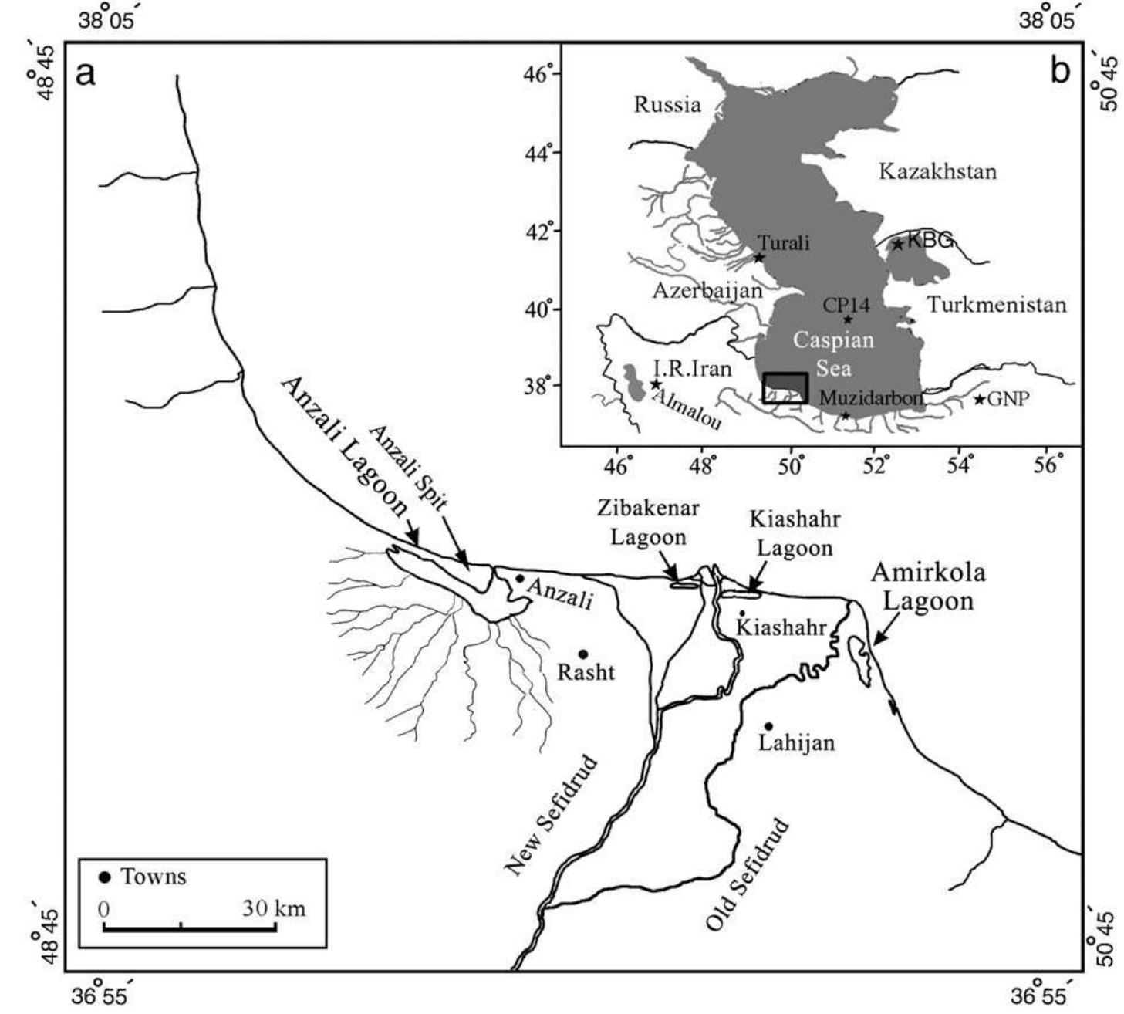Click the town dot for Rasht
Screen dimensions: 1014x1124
pyautogui.click(x=583, y=654)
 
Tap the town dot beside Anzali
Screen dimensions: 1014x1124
pyautogui.click(x=520, y=579)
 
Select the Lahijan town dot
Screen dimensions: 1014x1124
pyautogui.click(x=768, y=726)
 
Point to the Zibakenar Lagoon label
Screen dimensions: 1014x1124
pyautogui.click(x=648, y=522)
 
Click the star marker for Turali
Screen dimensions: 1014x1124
pyautogui.click(x=759, y=257)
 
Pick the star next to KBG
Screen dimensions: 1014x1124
pyautogui.click(x=897, y=245)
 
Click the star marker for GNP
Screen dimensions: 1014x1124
pyautogui.click(x=979, y=399)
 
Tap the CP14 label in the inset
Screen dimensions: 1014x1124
pyautogui.click(x=846, y=306)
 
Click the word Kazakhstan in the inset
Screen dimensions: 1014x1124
pyautogui.click(x=937, y=171)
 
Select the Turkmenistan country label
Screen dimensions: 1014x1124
pyautogui.click(x=997, y=305)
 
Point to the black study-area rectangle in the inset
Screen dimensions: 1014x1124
pyautogui.click(x=785, y=387)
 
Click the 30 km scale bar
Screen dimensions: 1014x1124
pyautogui.click(x=190, y=928)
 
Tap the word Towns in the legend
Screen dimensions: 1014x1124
pyautogui.click(x=154, y=877)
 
